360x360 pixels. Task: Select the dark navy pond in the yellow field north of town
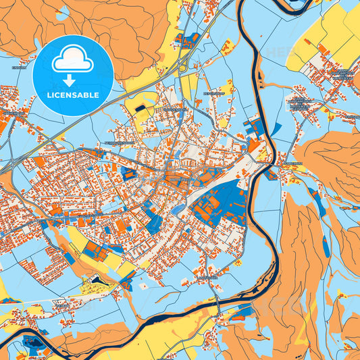(x=140, y=107)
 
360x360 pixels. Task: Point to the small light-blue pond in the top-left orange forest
(x=63, y=12)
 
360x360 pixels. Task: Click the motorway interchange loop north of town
(x=181, y=63)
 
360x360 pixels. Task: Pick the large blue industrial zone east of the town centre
(x=222, y=203)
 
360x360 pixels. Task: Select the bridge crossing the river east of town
(x=270, y=161)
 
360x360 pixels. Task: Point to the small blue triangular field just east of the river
(x=276, y=128)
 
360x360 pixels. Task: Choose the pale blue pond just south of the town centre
(x=177, y=210)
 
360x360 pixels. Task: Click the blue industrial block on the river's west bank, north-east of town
(x=255, y=125)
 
